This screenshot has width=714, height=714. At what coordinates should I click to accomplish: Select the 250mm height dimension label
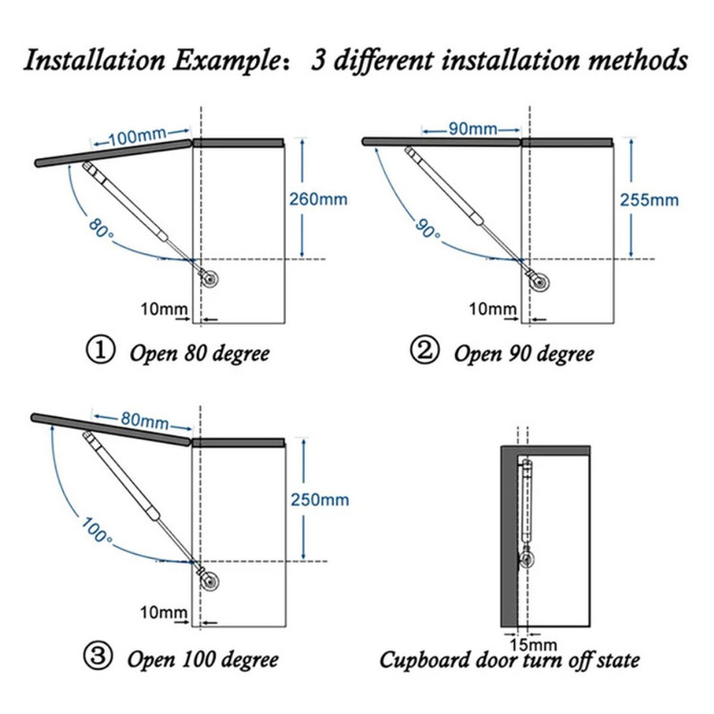319,500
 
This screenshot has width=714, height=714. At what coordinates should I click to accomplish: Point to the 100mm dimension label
136,136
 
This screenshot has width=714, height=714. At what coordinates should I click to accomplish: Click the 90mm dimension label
472,129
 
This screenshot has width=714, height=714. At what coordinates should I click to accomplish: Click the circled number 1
98,352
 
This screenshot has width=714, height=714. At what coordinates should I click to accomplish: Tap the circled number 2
424,352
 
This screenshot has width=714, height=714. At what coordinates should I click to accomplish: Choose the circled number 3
98,658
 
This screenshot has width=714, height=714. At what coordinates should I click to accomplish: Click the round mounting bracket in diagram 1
210,279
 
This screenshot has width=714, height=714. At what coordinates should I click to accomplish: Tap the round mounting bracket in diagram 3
210,581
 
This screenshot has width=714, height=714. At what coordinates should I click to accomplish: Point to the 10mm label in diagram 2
493,309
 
